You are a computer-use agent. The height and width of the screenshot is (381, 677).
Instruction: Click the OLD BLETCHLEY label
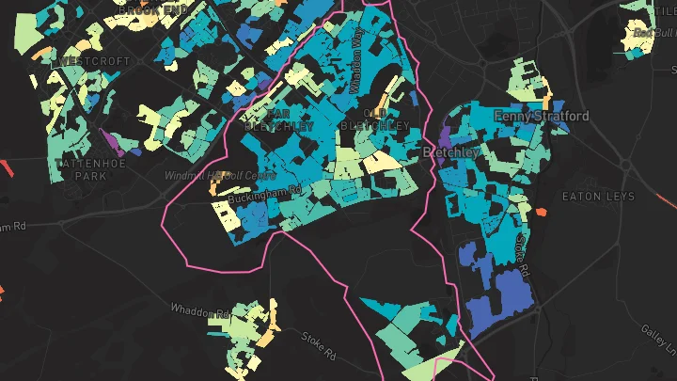coord(374,119)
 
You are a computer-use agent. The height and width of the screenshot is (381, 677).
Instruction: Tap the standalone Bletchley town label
coord(452,151)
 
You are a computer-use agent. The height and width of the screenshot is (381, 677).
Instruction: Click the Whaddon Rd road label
coord(200,310)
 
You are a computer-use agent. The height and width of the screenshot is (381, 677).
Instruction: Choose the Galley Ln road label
coord(657,339)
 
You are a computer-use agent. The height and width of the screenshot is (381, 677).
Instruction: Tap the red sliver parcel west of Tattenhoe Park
coord(8,170)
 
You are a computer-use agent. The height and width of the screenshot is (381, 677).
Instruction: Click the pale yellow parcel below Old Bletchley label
coord(382,163)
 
